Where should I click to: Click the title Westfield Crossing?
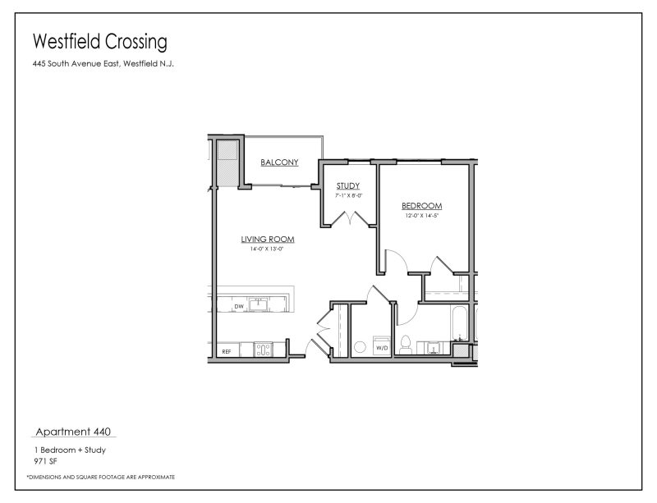click(99, 41)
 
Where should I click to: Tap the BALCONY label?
click(279, 162)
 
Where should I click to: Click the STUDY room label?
click(348, 186)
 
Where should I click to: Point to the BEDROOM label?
click(422, 206)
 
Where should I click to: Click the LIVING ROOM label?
click(268, 240)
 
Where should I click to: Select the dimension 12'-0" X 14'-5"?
click(422, 216)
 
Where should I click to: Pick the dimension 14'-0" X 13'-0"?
click(268, 249)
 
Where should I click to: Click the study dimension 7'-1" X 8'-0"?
click(348, 196)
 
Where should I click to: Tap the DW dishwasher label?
click(239, 307)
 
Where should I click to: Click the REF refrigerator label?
click(227, 351)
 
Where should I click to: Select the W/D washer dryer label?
click(382, 349)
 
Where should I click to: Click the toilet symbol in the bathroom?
click(405, 345)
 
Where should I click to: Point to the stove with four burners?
click(264, 350)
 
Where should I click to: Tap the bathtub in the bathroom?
click(459, 324)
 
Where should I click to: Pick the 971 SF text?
click(43, 461)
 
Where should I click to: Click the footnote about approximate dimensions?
click(100, 477)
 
